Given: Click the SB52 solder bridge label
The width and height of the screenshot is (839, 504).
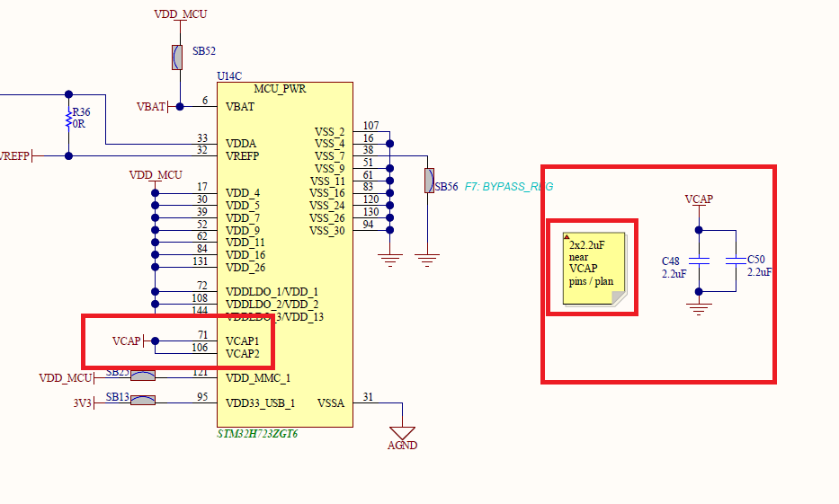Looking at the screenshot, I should click(204, 52).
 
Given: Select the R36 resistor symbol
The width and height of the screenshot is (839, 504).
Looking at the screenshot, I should click(68, 119).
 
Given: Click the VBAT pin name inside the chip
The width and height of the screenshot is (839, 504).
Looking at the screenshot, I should click(239, 106).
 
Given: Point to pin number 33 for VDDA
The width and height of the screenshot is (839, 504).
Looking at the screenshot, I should click(202, 138).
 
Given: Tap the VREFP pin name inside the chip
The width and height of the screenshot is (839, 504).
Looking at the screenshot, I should click(243, 155).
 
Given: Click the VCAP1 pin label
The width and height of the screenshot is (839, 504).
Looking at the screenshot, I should click(242, 341).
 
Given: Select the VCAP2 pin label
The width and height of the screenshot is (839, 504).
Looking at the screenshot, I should click(242, 354).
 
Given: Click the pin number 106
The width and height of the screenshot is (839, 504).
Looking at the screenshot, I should click(200, 348).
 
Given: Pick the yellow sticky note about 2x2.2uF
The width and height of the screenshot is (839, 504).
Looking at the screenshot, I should click(593, 267).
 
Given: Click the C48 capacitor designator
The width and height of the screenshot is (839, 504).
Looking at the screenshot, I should click(671, 261).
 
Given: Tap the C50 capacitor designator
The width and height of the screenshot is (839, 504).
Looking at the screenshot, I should click(756, 259).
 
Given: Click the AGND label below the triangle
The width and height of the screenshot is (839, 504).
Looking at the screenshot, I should click(402, 446).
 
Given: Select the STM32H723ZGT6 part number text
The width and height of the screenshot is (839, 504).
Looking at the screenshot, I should click(257, 433).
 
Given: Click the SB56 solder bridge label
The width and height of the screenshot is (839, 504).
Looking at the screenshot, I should click(446, 187).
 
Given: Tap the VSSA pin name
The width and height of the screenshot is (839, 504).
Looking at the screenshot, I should click(331, 403).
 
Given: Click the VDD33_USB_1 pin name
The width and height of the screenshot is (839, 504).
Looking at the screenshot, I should click(260, 403).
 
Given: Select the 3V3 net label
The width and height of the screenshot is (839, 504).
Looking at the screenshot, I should click(82, 403).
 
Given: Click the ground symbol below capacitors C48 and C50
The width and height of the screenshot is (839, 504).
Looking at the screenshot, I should click(698, 307).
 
